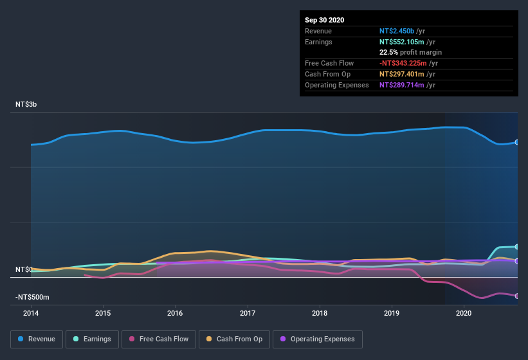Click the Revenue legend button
(37, 339)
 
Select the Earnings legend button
(92, 339)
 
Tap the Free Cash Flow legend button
(158, 339)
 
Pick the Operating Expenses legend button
(317, 339)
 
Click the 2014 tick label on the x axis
(31, 313)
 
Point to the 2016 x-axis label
(175, 313)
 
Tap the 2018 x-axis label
(320, 313)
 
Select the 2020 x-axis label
(464, 313)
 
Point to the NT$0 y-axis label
(24, 269)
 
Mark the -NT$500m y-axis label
(33, 298)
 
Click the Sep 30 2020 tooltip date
(325, 20)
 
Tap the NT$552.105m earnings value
(405, 42)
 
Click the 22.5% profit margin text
(410, 52)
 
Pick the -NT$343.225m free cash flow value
(406, 63)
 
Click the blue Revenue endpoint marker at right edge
(516, 142)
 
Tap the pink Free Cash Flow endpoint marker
(516, 296)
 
